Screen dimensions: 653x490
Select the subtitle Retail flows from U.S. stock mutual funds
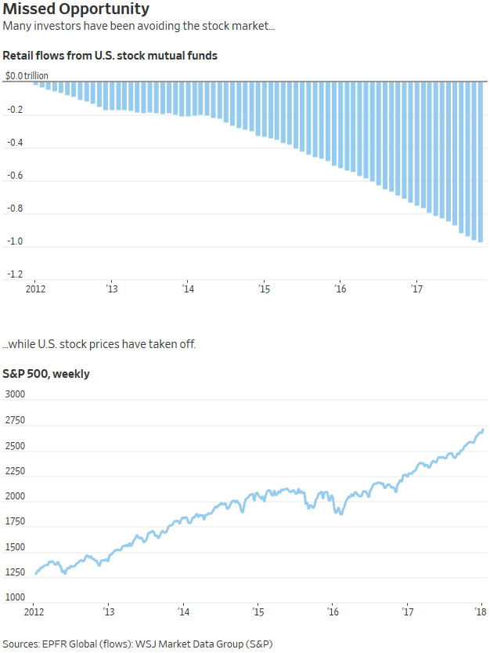110,56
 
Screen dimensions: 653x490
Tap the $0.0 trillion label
27,75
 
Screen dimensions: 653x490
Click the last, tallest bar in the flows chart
480,161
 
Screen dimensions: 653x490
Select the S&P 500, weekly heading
46,374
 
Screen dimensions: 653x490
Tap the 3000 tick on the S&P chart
16,395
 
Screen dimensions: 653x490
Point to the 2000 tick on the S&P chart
16,496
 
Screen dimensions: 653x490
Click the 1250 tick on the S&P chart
16,571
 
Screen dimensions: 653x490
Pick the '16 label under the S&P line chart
333,611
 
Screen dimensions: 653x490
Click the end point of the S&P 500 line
483,429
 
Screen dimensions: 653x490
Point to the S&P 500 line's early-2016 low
340,513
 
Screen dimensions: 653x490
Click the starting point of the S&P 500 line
36,574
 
